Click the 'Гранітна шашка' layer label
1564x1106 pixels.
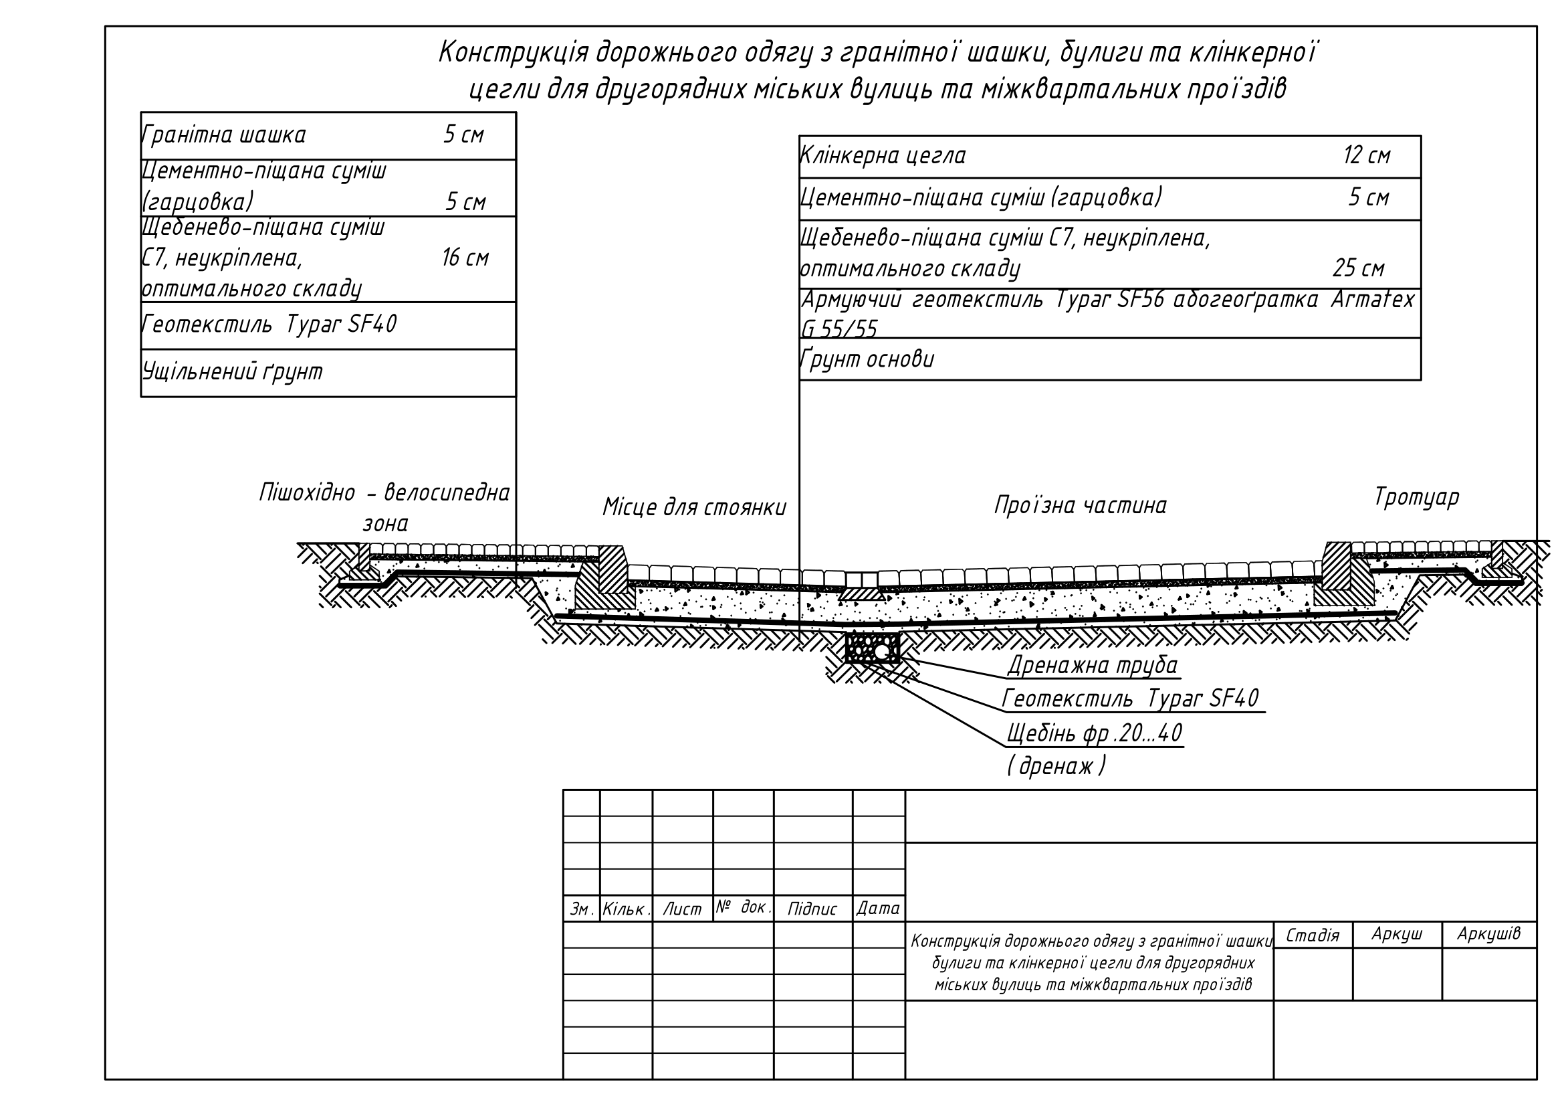point(223,135)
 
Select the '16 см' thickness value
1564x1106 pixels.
point(465,258)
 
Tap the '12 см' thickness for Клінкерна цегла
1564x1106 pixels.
point(1367,156)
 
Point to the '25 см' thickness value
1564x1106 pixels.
point(1358,268)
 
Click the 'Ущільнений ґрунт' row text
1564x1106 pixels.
point(232,372)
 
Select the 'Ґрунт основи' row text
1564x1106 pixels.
point(867,359)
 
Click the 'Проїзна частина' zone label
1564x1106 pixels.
point(1081,506)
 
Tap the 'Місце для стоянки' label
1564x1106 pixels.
point(694,508)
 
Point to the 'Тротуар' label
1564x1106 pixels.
point(1416,496)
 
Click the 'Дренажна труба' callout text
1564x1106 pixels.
point(1092,665)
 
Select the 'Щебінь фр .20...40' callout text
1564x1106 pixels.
point(1094,733)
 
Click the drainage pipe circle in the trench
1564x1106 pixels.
point(881,652)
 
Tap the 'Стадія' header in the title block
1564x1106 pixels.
point(1312,935)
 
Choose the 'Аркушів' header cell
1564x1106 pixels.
point(1488,933)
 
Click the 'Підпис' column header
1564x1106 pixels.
point(812,909)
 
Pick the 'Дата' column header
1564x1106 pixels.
point(878,909)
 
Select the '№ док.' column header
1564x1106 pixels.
point(742,907)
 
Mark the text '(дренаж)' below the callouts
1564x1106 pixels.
point(1056,767)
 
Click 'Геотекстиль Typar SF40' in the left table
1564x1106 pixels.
point(269,325)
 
